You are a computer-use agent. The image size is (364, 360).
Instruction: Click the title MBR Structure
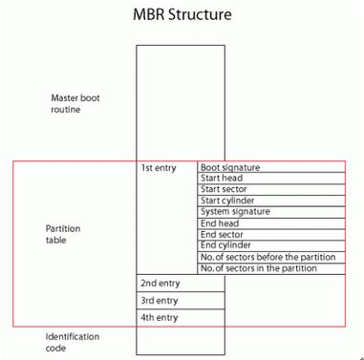[182, 15]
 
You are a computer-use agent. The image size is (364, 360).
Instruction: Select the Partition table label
[63, 236]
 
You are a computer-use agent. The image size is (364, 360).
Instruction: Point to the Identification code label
[73, 343]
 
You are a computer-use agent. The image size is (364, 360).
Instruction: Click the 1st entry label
[158, 168]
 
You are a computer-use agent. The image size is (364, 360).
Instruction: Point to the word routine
[66, 110]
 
